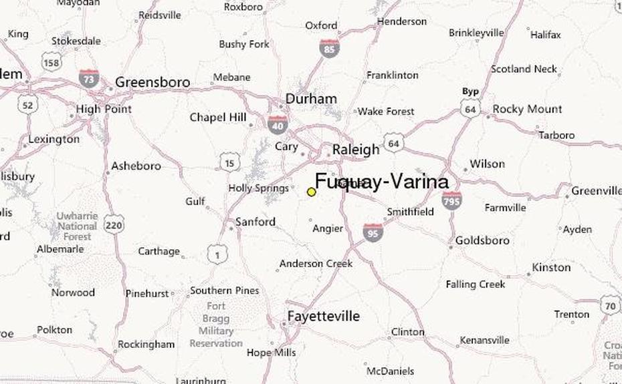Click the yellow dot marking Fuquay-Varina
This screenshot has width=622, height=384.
click(311, 192)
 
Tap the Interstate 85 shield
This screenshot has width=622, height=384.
click(329, 48)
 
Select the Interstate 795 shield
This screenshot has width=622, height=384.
click(451, 200)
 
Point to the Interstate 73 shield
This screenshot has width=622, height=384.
click(88, 78)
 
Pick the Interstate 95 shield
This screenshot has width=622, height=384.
click(373, 232)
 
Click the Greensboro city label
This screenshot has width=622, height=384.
click(152, 82)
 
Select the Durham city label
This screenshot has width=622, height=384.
click(311, 99)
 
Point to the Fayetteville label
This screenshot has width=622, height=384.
click(323, 316)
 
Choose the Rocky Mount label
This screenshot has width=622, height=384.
click(527, 109)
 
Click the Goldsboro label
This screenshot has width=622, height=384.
click(482, 240)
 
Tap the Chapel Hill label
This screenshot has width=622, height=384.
click(218, 118)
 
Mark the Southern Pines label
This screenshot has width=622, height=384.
click(225, 291)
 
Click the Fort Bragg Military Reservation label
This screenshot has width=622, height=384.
click(215, 325)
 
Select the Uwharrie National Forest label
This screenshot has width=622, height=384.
click(77, 226)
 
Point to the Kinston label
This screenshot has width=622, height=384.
click(551, 267)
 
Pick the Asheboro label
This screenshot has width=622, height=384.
click(136, 166)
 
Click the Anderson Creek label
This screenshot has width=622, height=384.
click(316, 264)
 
